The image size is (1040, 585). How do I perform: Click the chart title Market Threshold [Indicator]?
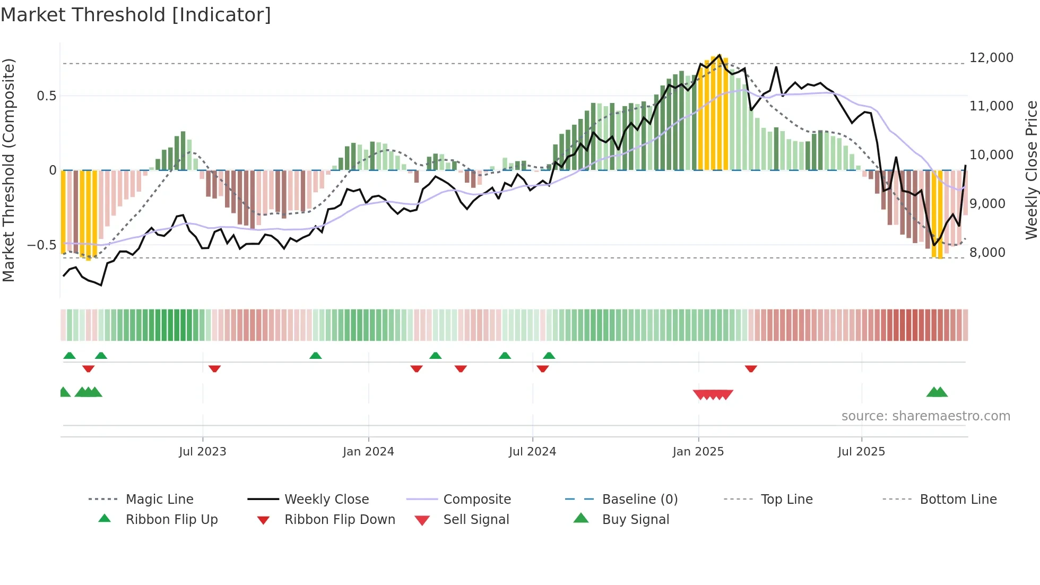tap(136, 15)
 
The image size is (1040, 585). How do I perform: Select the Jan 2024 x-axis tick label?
tap(368, 452)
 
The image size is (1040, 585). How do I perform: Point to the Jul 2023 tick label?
tap(202, 452)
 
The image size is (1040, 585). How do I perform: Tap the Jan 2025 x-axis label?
tap(698, 452)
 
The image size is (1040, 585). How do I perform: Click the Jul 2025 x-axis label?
tap(861, 452)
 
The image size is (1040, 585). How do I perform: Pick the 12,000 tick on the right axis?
tap(991, 58)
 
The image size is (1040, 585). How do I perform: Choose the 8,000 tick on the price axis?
tap(987, 253)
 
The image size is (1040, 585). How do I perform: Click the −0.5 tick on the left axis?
tap(41, 245)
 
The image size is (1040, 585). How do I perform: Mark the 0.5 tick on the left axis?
tap(46, 96)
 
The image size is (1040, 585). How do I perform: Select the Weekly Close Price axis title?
tap(1031, 170)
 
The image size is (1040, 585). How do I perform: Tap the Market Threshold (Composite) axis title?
tap(8, 170)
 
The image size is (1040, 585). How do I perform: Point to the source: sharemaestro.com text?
tap(925, 416)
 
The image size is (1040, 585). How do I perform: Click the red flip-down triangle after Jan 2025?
tap(751, 368)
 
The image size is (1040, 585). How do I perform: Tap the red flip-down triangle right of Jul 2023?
tap(214, 368)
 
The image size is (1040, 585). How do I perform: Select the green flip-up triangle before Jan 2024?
tap(316, 356)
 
